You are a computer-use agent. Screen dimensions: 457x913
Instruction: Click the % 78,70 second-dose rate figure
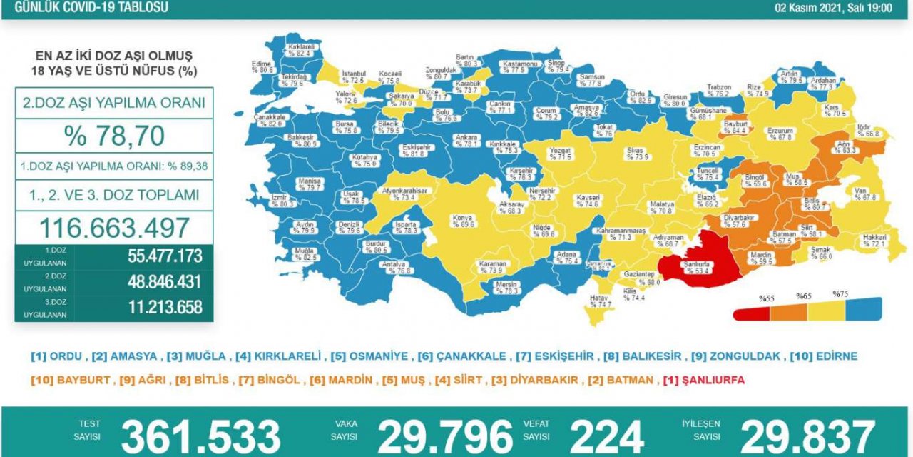click(114, 135)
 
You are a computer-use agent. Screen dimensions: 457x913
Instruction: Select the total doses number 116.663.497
click(114, 228)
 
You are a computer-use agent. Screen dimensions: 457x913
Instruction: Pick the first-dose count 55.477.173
click(155, 256)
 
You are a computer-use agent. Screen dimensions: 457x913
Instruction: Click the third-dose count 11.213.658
click(155, 308)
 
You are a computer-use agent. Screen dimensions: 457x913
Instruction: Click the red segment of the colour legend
click(752, 312)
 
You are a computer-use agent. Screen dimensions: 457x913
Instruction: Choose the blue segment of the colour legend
click(863, 309)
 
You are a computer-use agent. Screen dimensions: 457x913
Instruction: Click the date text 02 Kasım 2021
click(813, 8)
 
